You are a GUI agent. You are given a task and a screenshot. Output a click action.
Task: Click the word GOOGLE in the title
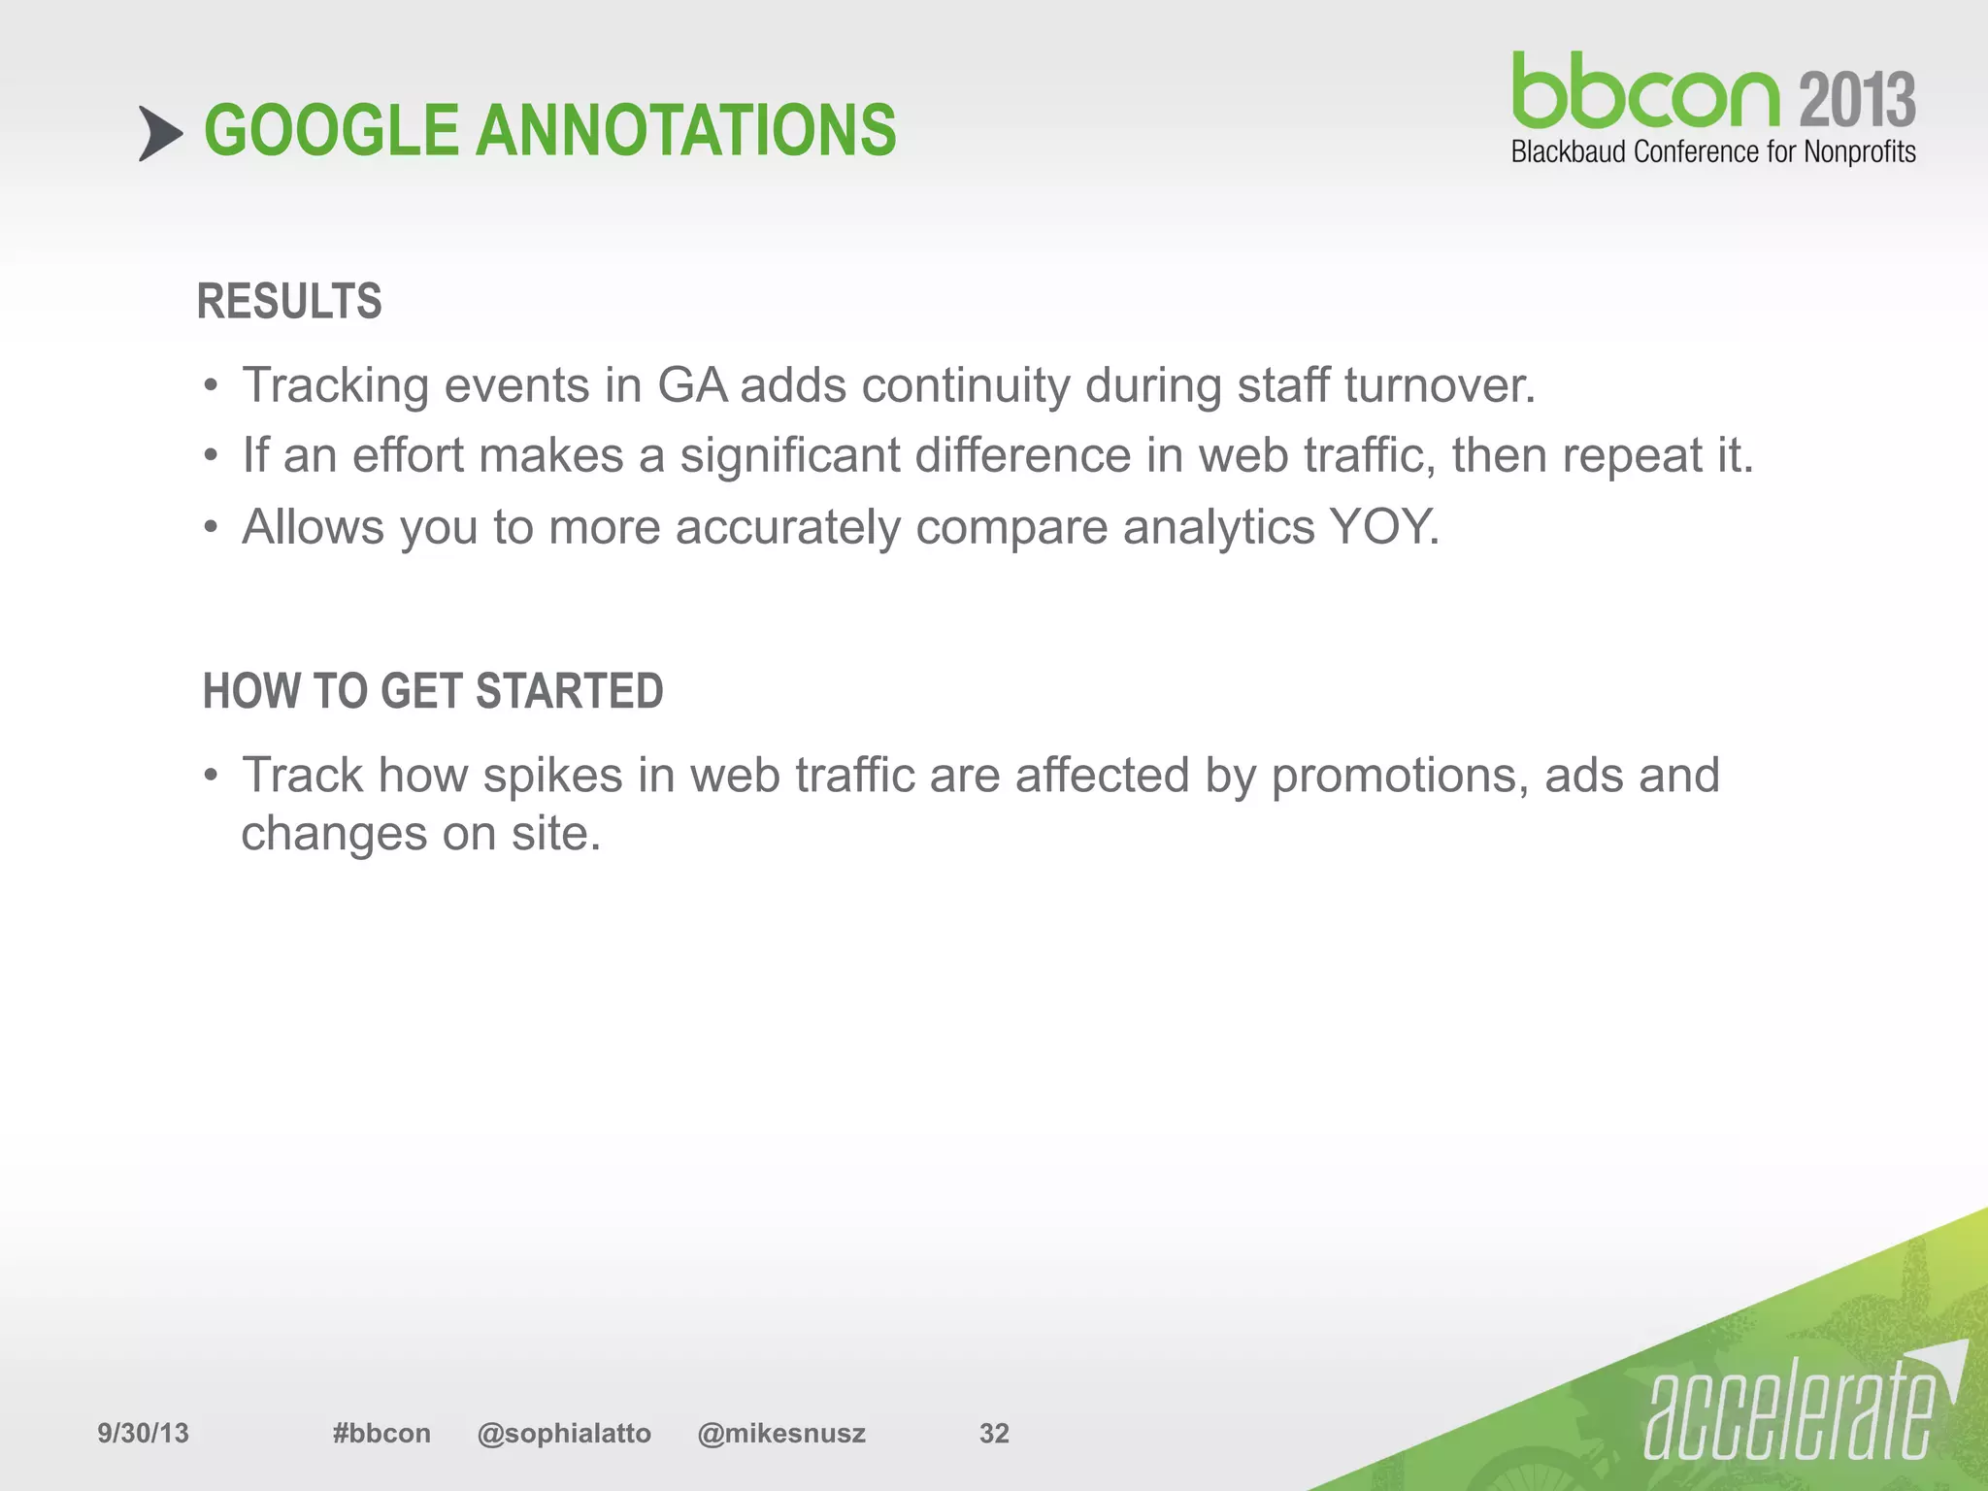330,131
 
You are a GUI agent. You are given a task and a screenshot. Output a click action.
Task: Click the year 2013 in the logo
1857,100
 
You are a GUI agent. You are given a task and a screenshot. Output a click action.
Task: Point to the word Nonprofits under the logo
1859,152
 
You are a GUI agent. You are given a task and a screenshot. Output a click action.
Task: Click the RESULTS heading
289,301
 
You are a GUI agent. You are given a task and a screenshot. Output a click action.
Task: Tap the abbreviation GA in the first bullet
692,385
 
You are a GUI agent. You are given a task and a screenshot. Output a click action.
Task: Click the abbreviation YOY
1383,527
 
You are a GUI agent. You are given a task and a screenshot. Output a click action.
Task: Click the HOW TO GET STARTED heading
433,692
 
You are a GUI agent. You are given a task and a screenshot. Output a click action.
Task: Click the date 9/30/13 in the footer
143,1433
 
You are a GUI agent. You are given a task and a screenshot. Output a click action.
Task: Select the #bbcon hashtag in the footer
381,1433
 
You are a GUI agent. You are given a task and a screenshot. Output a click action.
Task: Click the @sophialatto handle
564,1433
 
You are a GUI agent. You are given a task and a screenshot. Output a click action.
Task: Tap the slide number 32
994,1433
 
